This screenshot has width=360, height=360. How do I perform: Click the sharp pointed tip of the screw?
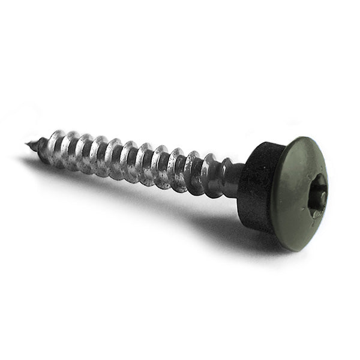tap(27, 143)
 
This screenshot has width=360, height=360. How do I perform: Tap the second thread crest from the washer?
tap(193, 171)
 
